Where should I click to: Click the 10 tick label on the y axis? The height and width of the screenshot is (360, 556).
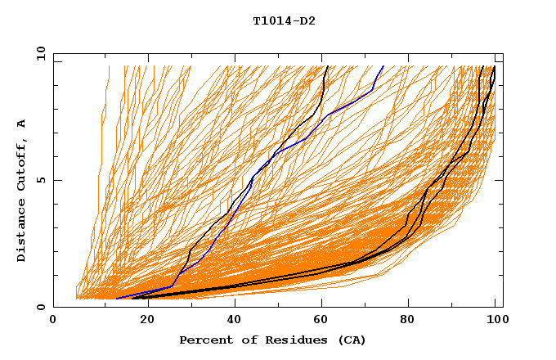pyautogui.click(x=40, y=53)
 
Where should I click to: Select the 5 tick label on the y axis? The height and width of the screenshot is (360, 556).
pyautogui.click(x=43, y=180)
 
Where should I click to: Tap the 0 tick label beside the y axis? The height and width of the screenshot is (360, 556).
pyautogui.click(x=43, y=307)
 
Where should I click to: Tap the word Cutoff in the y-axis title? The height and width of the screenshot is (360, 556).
pyautogui.click(x=22, y=164)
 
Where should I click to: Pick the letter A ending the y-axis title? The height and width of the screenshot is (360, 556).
pyautogui.click(x=22, y=123)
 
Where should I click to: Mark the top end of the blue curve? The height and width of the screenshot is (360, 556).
pyautogui.click(x=383, y=66)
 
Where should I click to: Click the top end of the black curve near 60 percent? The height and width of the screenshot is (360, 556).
pyautogui.click(x=327, y=66)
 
